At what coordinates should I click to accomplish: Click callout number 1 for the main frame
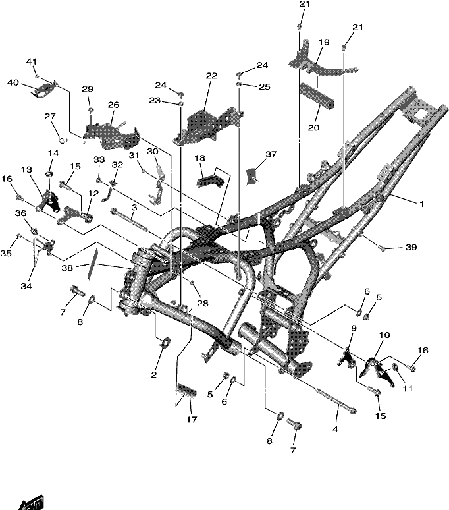pyautogui.click(x=422, y=204)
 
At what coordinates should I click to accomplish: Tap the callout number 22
pyautogui.click(x=211, y=76)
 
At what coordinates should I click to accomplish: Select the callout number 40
pyautogui.click(x=13, y=83)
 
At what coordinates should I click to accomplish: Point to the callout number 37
pyautogui.click(x=271, y=154)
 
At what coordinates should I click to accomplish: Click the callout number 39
pyautogui.click(x=411, y=248)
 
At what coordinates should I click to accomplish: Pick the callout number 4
pyautogui.click(x=335, y=429)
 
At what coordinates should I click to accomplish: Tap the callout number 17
pyautogui.click(x=192, y=420)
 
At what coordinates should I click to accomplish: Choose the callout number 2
pyautogui.click(x=154, y=375)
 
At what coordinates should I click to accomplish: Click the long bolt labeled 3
pyautogui.click(x=129, y=220)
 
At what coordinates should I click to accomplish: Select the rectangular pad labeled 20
pyautogui.click(x=317, y=98)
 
